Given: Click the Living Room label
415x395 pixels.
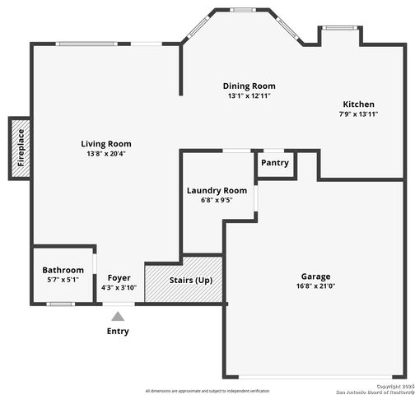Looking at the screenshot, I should click(105, 143).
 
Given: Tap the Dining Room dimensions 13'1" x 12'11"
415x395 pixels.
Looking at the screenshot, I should click(249, 95).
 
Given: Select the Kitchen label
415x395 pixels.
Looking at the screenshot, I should click(359, 105).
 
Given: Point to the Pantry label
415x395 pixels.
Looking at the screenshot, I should click(275, 162).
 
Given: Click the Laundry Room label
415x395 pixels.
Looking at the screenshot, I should click(217, 190).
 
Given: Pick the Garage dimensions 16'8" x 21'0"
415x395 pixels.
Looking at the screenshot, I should click(315, 286).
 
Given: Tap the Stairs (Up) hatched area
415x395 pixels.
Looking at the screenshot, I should click(184, 281).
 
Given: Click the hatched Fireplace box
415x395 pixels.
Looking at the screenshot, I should click(21, 149).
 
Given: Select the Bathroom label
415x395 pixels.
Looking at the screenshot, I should click(63, 270).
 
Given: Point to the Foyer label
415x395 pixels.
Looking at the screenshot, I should click(119, 278).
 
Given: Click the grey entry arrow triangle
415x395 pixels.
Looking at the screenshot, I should click(119, 315).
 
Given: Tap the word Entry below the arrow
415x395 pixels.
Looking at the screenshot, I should click(119, 332).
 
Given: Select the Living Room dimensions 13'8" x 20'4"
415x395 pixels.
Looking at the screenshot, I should click(105, 153).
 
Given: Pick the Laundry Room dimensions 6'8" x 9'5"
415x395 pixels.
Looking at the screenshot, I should click(217, 199).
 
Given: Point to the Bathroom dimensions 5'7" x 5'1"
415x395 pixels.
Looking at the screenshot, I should click(63, 279).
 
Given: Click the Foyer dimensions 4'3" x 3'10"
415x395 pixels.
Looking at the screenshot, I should click(119, 287).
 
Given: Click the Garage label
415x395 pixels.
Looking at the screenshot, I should click(315, 276).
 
